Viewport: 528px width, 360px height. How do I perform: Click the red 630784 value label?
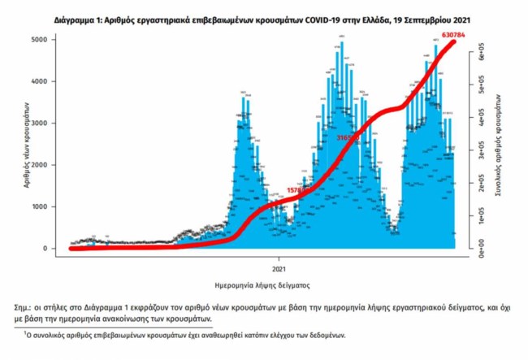(x=465, y=34)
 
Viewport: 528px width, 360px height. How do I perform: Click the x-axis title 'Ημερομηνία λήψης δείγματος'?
(x=266, y=285)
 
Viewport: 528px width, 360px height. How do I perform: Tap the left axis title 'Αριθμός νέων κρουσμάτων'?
(x=28, y=145)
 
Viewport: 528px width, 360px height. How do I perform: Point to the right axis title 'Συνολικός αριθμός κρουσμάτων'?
(x=496, y=150)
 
